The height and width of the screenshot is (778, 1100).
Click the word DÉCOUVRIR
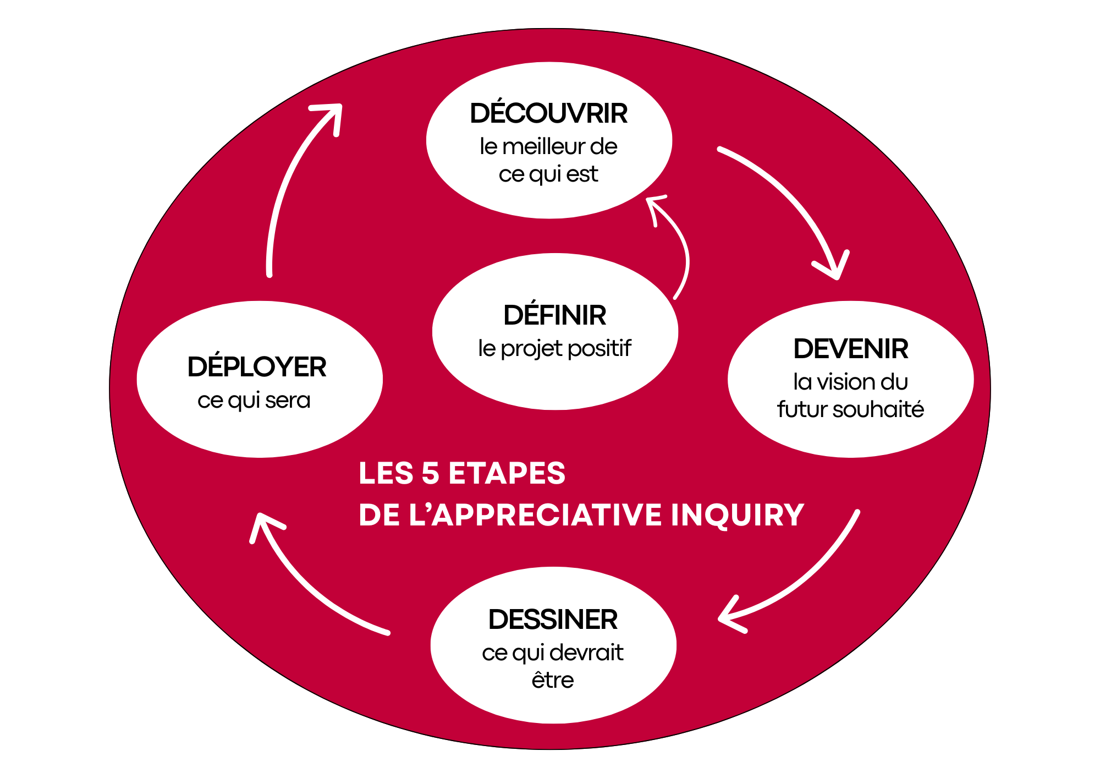pyautogui.click(x=548, y=114)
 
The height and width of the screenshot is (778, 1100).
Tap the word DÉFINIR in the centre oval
pyautogui.click(x=554, y=316)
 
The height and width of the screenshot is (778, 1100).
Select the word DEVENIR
pyautogui.click(x=850, y=349)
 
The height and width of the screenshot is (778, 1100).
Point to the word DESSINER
pyautogui.click(x=553, y=620)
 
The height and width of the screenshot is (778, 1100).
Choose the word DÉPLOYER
pyautogui.click(x=257, y=368)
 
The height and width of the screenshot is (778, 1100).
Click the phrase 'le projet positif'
pyautogui.click(x=554, y=349)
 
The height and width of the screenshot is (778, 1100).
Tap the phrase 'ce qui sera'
pyautogui.click(x=254, y=401)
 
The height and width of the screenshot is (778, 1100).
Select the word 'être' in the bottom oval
pyautogui.click(x=553, y=681)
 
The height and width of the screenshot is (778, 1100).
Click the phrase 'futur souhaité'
pyautogui.click(x=850, y=410)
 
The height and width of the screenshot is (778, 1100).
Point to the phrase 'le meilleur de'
pyautogui.click(x=548, y=147)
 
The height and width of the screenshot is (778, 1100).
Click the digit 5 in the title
pyautogui.click(x=430, y=473)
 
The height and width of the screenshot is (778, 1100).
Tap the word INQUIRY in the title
pyautogui.click(x=738, y=516)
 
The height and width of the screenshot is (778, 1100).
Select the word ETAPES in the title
pyautogui.click(x=507, y=473)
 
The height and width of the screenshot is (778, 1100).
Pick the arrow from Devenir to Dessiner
pyautogui.click(x=809, y=578)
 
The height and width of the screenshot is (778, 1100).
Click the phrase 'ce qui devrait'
pyautogui.click(x=553, y=653)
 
